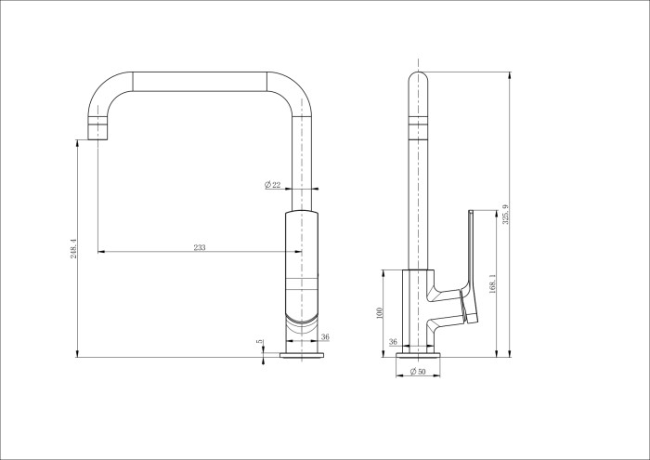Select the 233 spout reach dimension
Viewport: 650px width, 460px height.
[199, 247]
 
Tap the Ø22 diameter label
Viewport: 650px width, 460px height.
[273, 186]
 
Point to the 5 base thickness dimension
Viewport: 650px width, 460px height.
[261, 342]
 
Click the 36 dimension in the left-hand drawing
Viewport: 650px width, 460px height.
[325, 337]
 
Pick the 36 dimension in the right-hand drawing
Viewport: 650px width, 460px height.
[393, 342]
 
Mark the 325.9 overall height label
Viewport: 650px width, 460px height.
[505, 215]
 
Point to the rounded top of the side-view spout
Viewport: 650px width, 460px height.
[420, 80]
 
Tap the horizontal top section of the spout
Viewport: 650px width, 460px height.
[200, 81]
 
